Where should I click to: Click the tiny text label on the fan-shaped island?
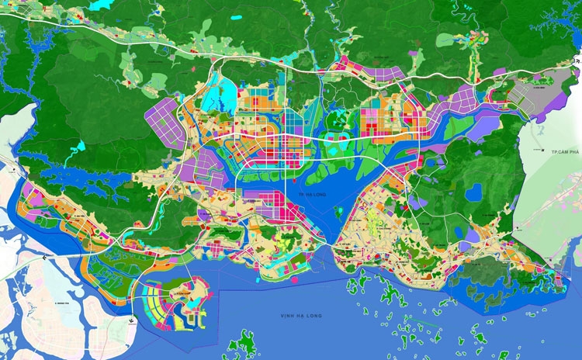[180, 293]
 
